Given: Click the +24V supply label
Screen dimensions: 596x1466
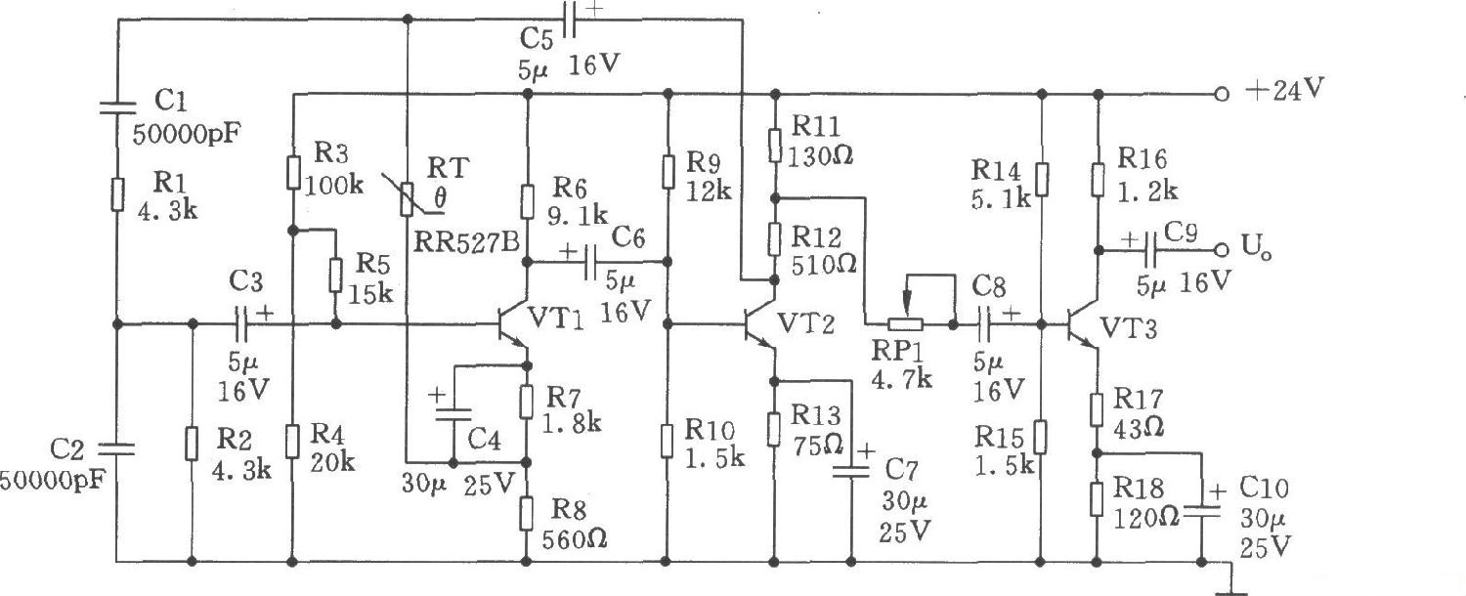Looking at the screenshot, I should [x=1284, y=91].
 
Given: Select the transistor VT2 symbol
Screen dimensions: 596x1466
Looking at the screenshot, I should [x=762, y=323].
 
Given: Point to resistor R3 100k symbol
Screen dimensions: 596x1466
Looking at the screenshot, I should [x=293, y=174].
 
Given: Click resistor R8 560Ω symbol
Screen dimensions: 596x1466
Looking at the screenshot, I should [x=528, y=511].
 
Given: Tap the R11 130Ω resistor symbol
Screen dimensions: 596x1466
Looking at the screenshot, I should [x=774, y=147].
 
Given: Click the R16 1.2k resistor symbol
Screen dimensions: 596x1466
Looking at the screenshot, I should [x=1098, y=178].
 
